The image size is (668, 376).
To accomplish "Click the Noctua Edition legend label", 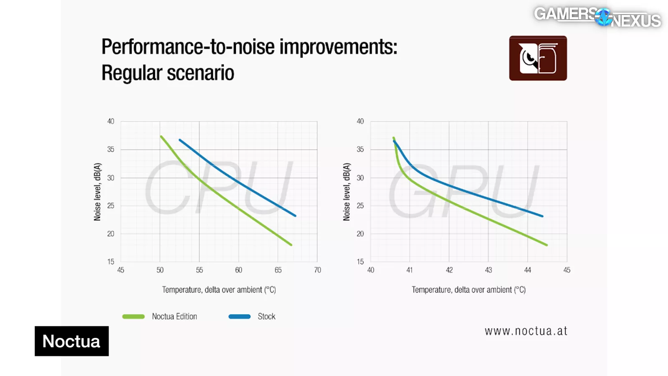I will coord(174,317).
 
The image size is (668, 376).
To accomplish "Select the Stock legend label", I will coord(266,317).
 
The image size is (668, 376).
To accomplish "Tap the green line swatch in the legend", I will coord(134,317).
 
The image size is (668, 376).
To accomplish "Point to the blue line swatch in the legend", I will coord(240,317).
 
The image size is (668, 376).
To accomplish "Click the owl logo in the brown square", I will coord(538,58).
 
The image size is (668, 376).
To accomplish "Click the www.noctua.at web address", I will coord(526,331).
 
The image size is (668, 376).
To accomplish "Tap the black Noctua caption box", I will coord(71,341).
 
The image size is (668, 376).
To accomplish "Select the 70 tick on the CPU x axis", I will coord(318,270).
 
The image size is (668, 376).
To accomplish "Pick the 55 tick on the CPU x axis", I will coord(200,270).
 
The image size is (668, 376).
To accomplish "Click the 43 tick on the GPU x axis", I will coord(488,270).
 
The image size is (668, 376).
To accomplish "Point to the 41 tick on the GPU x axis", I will coord(410,270).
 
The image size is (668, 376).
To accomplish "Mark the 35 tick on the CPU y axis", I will coord(111,150).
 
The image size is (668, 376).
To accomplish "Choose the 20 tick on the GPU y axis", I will coord(360,234).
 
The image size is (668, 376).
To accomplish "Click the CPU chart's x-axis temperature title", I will coord(219,290).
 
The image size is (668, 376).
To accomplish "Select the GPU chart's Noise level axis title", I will coord(347,192).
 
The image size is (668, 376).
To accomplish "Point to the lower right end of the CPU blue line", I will coord(295,216).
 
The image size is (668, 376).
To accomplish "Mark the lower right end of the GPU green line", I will coord(546,245).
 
